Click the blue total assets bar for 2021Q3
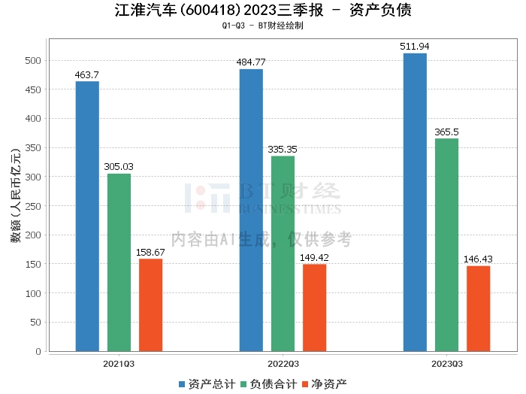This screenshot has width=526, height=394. coord(87,216)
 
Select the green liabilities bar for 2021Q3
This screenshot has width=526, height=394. coord(119,262)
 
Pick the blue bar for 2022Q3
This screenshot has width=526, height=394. coord(251,210)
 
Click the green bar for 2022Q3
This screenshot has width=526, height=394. coord(283,253)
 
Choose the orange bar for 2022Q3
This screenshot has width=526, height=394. coord(314,308)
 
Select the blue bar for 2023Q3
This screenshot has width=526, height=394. coord(415,202)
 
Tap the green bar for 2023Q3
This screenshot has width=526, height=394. coord(446,244)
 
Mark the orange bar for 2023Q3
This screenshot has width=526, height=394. coord(478,308)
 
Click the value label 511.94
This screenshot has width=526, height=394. coord(415,47)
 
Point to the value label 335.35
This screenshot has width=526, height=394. coord(283,150)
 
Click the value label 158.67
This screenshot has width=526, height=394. coord(150,253)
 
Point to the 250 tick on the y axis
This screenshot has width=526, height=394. coord(35,205)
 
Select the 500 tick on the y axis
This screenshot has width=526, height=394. coord(35,60)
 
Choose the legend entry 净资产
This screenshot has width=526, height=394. coord(325,384)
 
